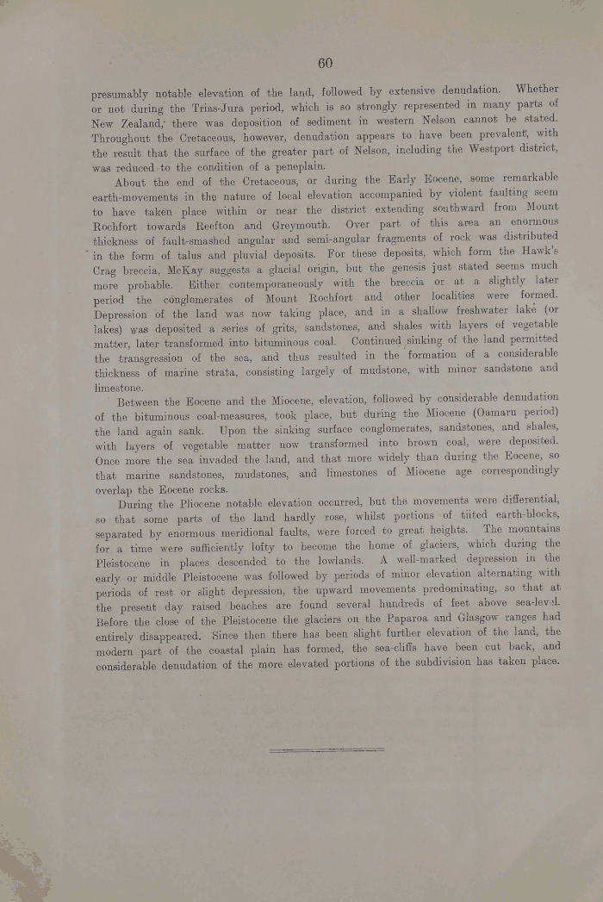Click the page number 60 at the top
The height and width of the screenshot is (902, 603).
pos(325,63)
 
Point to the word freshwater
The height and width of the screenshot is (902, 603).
pos(465,313)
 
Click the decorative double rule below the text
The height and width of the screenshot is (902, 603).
pos(326,750)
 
